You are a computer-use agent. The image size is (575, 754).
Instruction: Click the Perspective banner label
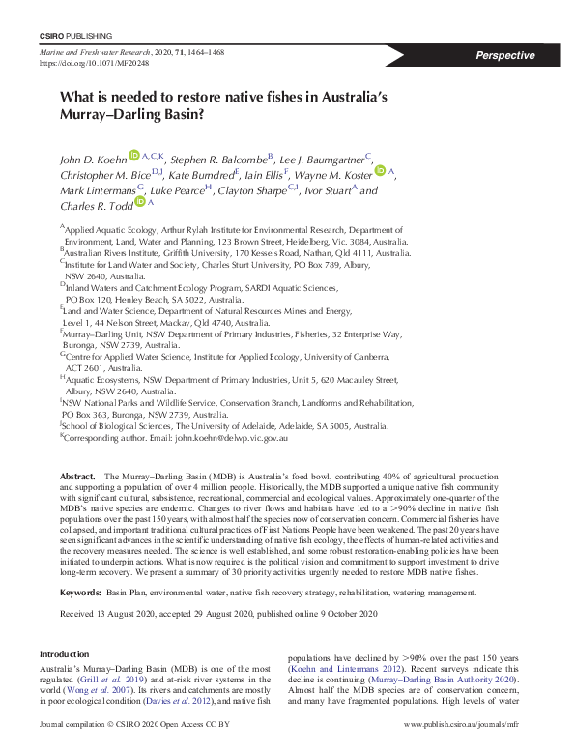click(504, 55)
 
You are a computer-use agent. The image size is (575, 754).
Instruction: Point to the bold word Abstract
click(77, 478)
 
